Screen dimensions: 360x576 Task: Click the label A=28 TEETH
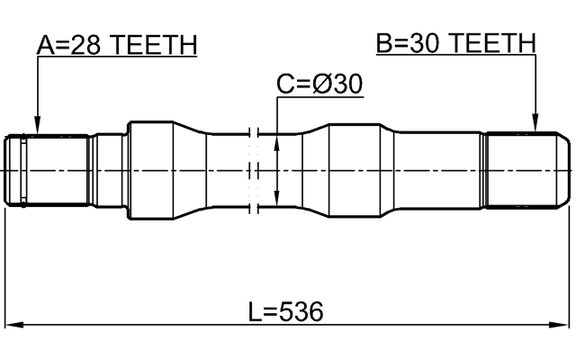(117, 44)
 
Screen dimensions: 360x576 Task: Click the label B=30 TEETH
(455, 42)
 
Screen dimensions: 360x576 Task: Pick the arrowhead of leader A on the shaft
(36, 127)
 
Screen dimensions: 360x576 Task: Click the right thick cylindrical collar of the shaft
(360, 170)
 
